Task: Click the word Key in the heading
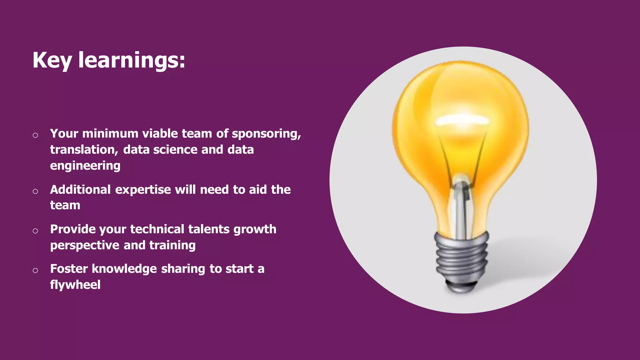[x=52, y=60]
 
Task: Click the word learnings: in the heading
[x=132, y=60]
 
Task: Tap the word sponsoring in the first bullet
[x=266, y=134]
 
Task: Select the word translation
[x=84, y=150]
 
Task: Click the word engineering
[x=85, y=166]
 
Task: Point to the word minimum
[x=110, y=134]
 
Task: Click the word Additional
[x=80, y=190]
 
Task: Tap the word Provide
[x=72, y=229]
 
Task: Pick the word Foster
[x=69, y=269]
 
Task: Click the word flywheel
[x=75, y=285]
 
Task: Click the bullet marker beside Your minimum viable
[x=35, y=135]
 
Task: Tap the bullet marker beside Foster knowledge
[x=35, y=270]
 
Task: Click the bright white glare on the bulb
[x=462, y=120]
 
